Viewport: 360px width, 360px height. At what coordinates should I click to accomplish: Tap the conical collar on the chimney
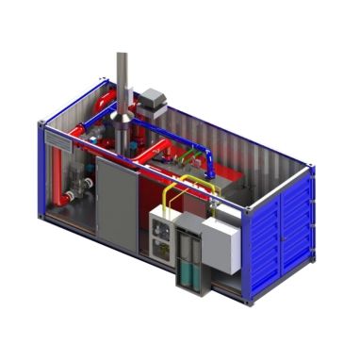point(123,105)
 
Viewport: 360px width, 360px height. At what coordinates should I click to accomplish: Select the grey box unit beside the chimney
point(152,99)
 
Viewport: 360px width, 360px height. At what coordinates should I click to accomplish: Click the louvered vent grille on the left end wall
point(59,139)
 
